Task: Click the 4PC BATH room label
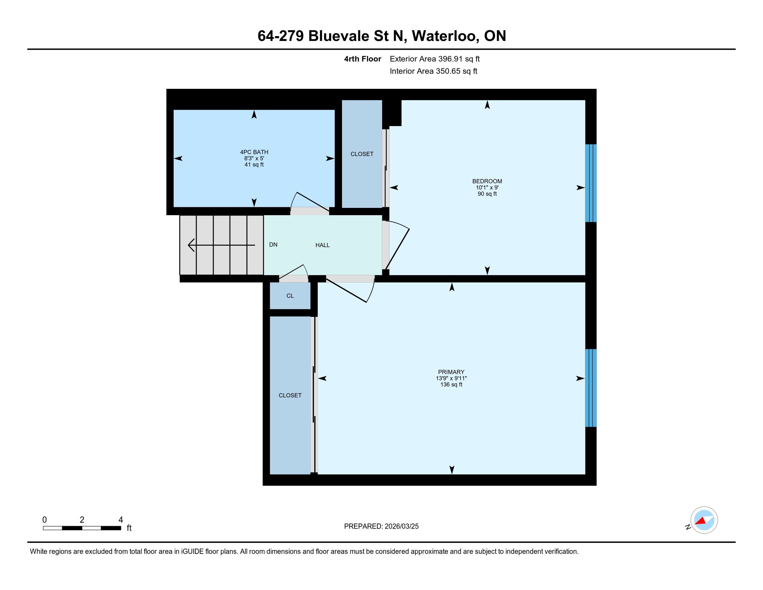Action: tap(254, 152)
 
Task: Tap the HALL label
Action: tap(323, 245)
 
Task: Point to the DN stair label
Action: tap(273, 245)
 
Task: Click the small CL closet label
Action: tap(290, 296)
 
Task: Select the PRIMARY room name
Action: tap(451, 372)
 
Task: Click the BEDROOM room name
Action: tap(487, 181)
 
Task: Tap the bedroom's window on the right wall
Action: tap(591, 183)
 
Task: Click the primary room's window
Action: tap(591, 388)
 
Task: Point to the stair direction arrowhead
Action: tap(191, 245)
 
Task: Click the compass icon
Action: tap(704, 520)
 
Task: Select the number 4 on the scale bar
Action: tap(121, 520)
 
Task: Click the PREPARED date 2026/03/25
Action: tap(401, 526)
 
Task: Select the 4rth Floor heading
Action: tap(362, 59)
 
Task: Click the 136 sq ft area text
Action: tap(451, 385)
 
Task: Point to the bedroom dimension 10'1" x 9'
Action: tap(487, 187)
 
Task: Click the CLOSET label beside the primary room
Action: tap(290, 395)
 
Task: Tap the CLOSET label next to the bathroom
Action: tap(362, 154)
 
